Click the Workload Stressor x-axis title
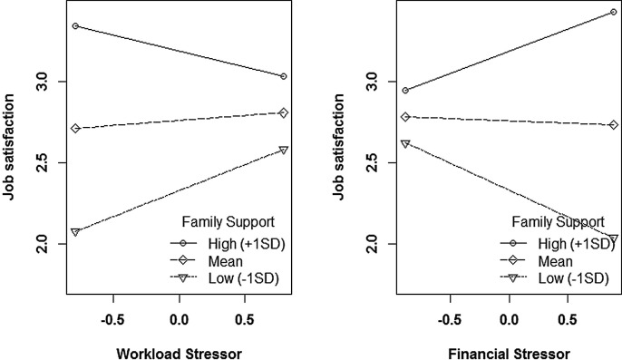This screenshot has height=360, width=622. [180, 348]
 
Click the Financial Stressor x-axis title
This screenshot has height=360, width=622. [510, 348]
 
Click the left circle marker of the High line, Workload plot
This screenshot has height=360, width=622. [75, 25]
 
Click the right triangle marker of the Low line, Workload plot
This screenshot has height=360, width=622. [284, 150]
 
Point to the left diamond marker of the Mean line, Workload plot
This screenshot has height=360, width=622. [75, 129]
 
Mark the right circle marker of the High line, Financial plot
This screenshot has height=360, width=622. [614, 13]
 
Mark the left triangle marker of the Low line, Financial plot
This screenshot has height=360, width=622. [405, 143]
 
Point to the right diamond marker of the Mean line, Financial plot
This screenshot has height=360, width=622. [614, 125]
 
